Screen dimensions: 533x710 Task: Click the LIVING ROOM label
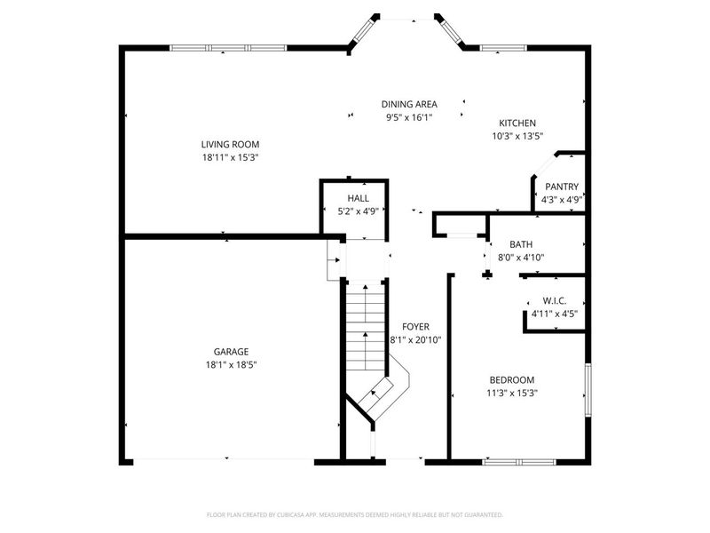[230, 144]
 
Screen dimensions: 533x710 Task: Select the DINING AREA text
[409, 104]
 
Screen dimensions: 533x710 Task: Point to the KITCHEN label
[517, 123]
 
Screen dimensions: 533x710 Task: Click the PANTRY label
[561, 187]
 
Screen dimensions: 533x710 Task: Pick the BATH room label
[520, 244]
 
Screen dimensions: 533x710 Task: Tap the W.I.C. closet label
[555, 301]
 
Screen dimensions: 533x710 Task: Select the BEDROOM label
[511, 379]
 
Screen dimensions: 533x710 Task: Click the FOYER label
[415, 326]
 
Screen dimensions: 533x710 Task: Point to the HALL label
[358, 198]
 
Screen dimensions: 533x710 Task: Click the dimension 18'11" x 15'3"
[230, 157]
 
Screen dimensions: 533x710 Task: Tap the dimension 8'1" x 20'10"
[415, 339]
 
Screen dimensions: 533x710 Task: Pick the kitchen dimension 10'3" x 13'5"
[517, 137]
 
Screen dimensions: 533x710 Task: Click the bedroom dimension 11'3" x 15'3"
[511, 393]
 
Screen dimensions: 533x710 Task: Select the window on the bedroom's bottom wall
[518, 461]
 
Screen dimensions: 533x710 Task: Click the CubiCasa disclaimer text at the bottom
[355, 514]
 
